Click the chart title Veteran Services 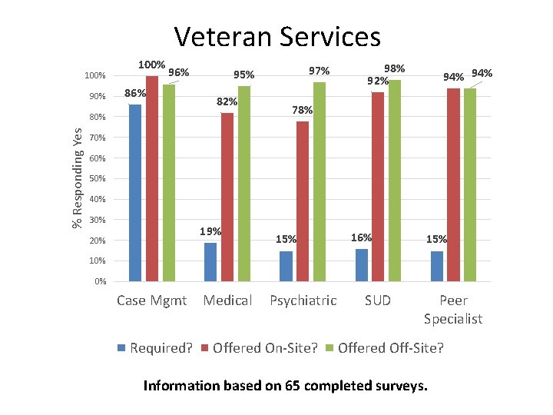[276, 36]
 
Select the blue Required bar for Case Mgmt [135, 192]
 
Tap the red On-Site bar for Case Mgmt [152, 178]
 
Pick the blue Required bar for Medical [210, 261]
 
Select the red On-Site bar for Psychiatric [303, 201]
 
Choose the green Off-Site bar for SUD [395, 180]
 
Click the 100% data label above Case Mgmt [151, 65]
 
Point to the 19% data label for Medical [210, 231]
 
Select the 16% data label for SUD [361, 237]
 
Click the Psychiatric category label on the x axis [303, 300]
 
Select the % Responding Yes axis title [78, 178]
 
